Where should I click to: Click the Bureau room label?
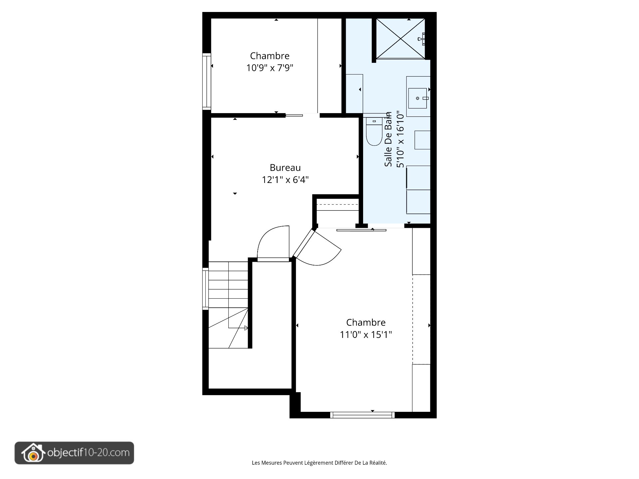coord(285,168)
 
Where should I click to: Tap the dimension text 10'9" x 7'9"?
coord(270,68)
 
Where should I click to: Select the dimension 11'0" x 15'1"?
coord(366,335)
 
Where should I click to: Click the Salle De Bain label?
coord(388,140)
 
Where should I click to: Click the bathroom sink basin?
coord(417,98)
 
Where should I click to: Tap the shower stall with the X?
coord(400,39)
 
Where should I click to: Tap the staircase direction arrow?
coord(246,328)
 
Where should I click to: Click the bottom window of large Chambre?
coord(362,415)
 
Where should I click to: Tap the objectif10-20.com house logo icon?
coord(33,453)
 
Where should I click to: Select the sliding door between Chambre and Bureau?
coord(294,115)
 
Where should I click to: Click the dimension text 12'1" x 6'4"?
coord(285,180)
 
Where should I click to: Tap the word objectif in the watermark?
coord(65,453)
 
